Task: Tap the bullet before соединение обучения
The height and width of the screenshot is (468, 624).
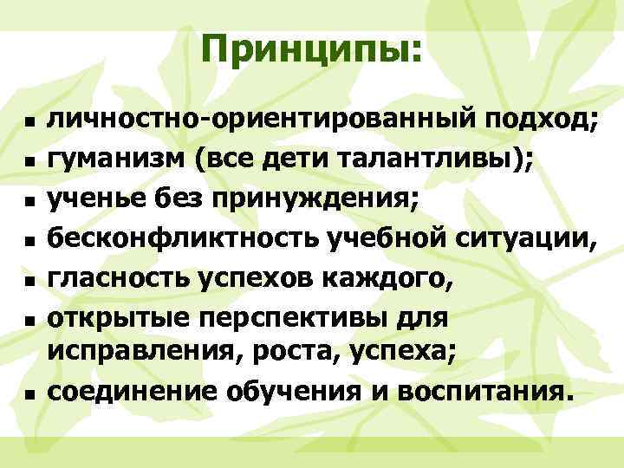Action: click(x=29, y=393)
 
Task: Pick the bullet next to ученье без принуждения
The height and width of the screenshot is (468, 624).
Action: click(x=29, y=201)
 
